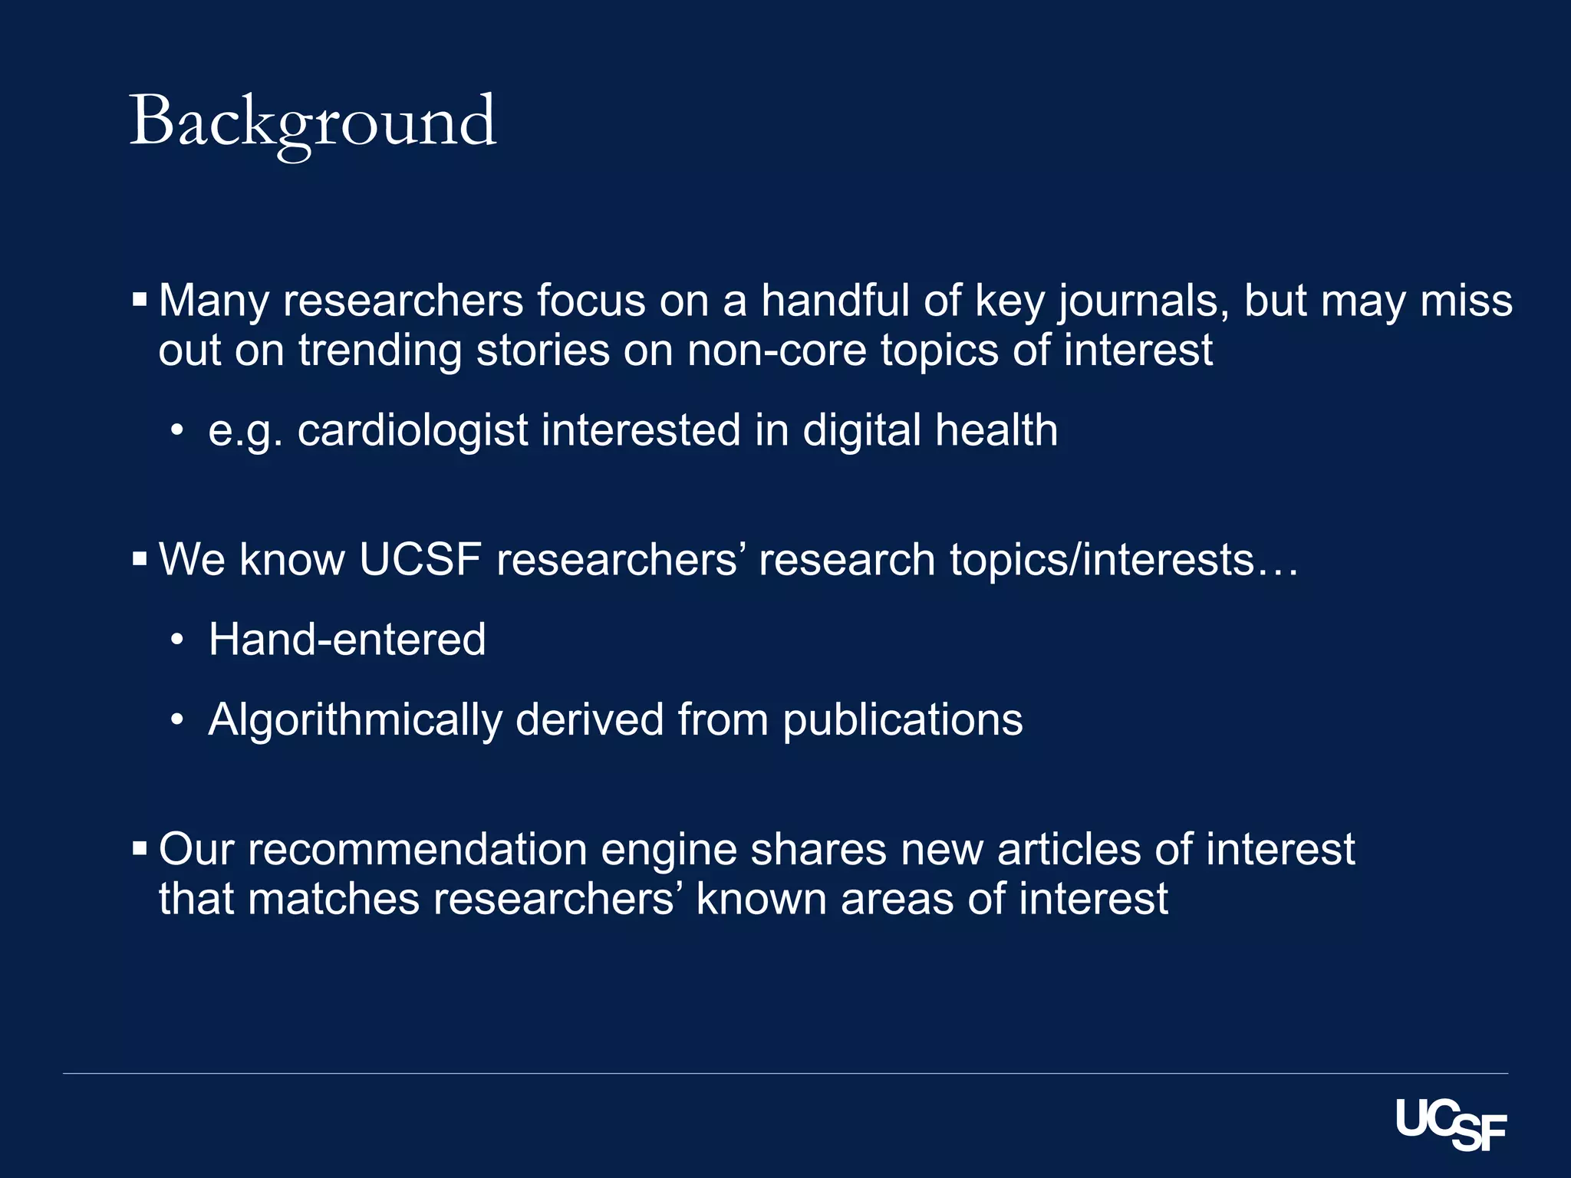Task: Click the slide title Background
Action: (x=314, y=122)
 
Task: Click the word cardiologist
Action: (x=413, y=430)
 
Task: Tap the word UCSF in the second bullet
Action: (x=420, y=559)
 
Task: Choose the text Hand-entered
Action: (x=347, y=639)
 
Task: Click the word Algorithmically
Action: (x=354, y=720)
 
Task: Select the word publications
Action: (x=902, y=720)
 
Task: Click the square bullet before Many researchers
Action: (x=140, y=300)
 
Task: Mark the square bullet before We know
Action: (x=140, y=559)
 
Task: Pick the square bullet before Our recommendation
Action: (x=140, y=849)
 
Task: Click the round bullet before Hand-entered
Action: (x=177, y=640)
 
